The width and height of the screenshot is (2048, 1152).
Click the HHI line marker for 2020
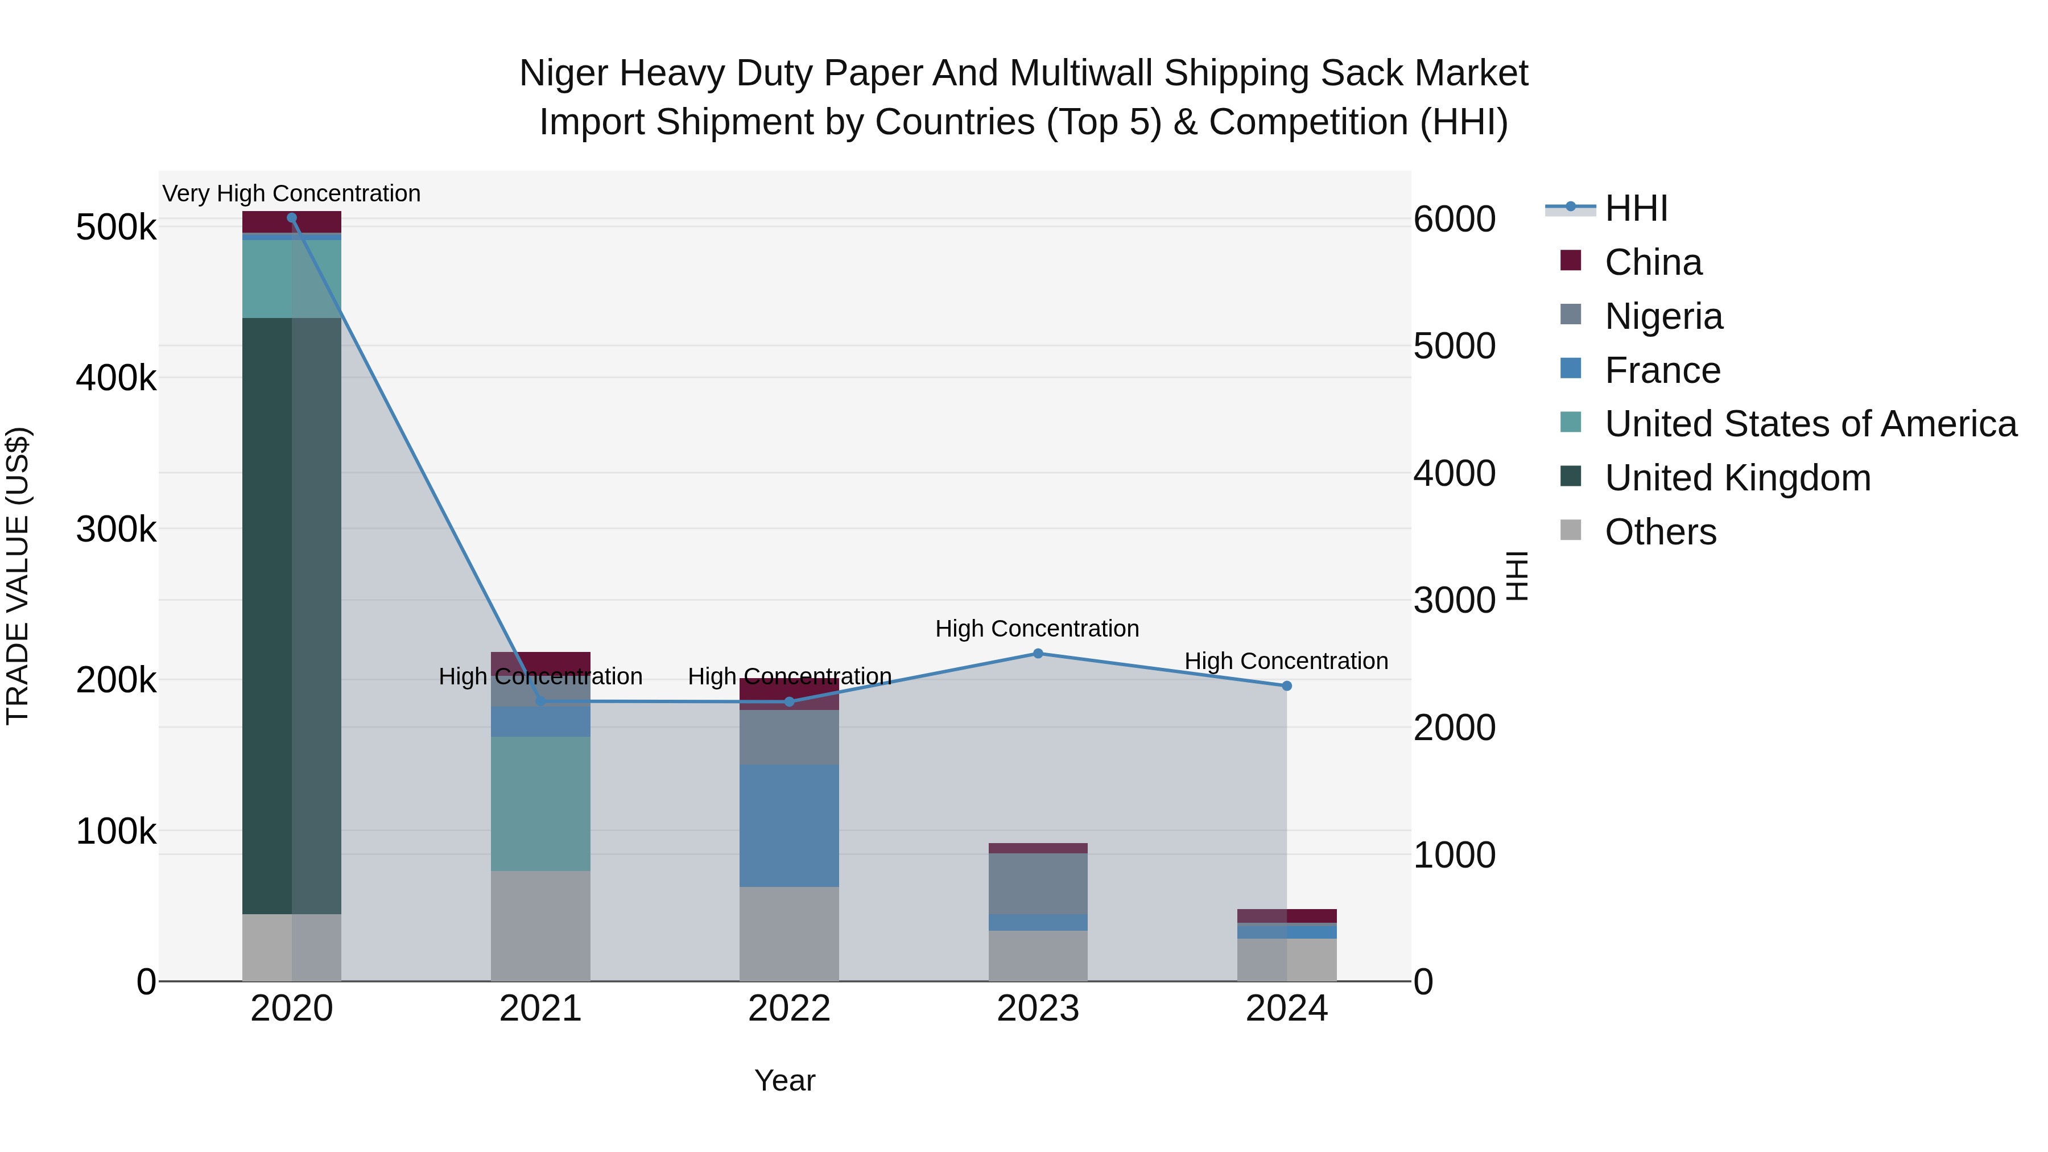coord(292,218)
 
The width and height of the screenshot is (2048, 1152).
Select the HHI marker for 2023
coord(1038,654)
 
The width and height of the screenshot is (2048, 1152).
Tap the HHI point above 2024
coord(1286,686)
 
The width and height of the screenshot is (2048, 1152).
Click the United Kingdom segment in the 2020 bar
coord(292,616)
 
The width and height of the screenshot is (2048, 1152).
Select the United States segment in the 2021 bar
coord(540,803)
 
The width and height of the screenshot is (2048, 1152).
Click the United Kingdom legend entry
coord(1737,478)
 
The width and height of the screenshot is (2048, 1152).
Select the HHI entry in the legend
coord(1636,208)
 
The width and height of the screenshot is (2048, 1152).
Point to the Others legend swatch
coord(1570,530)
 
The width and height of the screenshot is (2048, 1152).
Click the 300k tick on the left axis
coord(116,528)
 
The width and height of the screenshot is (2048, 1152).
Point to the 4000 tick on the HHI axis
coord(1454,473)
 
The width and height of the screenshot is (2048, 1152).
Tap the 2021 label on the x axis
coord(540,1009)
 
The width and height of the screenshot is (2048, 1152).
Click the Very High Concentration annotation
coord(292,193)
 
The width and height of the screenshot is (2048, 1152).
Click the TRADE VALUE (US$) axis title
coord(18,576)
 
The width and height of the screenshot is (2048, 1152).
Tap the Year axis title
coord(784,1080)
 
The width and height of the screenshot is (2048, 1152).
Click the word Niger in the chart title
coord(564,73)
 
